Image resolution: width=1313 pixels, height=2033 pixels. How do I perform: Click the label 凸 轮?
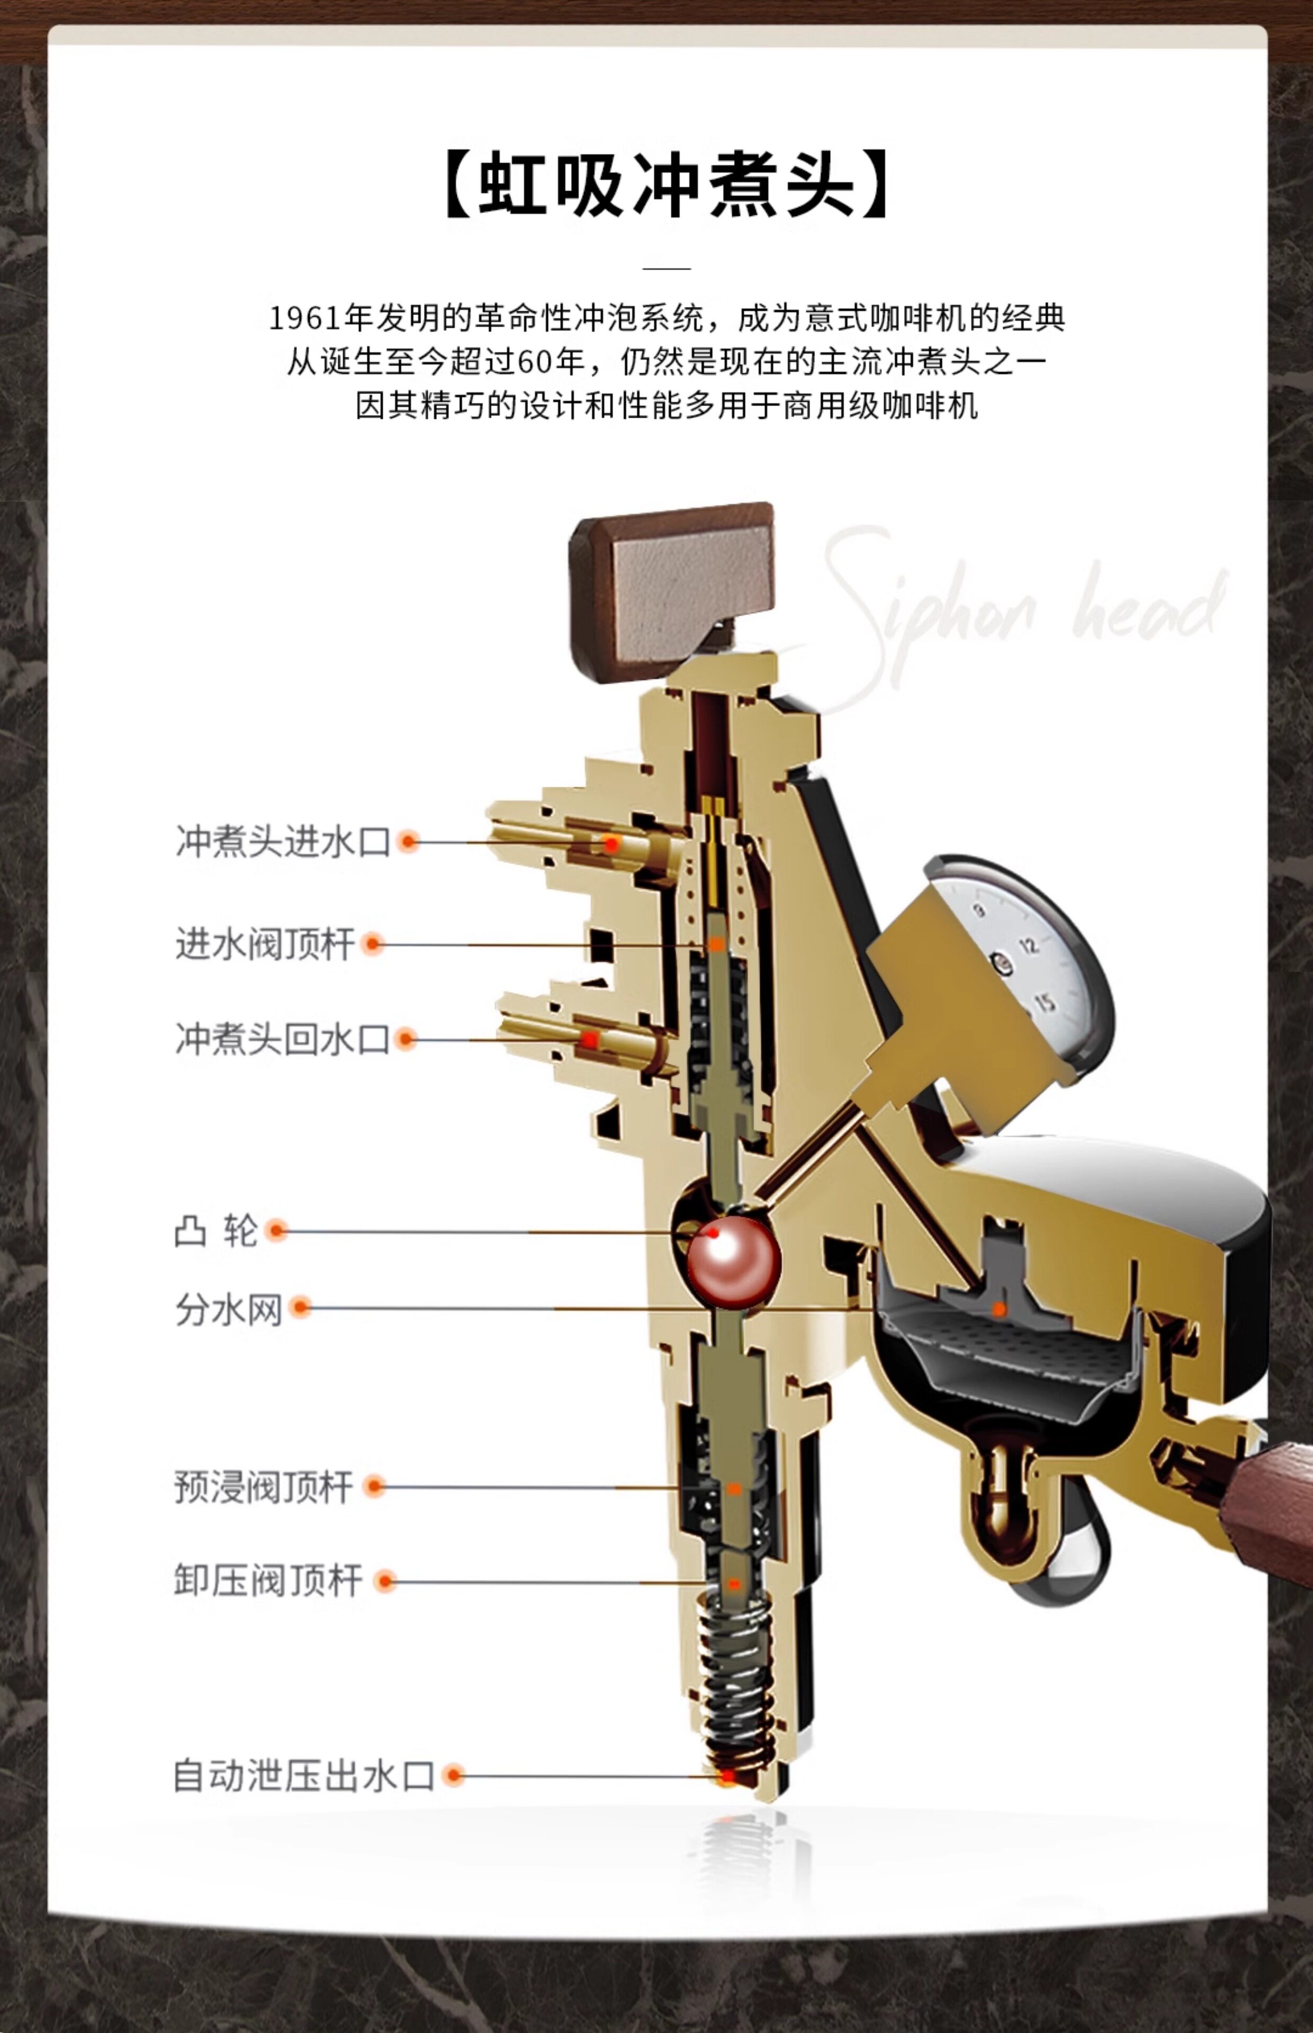215,1231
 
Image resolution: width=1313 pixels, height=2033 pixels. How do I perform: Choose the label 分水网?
229,1308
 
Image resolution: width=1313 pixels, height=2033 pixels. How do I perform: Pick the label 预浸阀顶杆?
264,1487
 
